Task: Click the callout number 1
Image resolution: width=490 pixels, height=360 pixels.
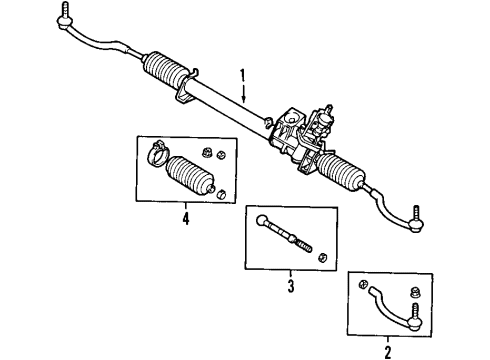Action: (240, 75)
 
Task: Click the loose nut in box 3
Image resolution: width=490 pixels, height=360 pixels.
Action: (321, 257)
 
